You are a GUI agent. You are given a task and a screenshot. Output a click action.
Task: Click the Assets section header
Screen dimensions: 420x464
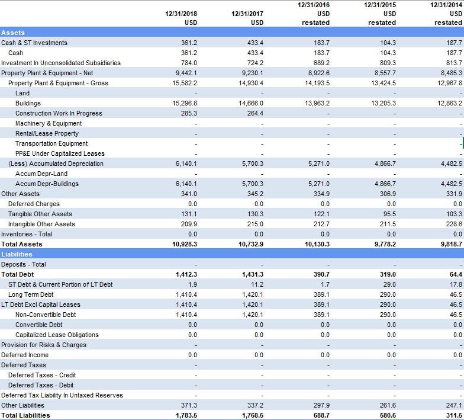tap(12, 33)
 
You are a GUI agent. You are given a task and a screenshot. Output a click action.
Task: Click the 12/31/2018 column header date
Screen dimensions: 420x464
tap(181, 13)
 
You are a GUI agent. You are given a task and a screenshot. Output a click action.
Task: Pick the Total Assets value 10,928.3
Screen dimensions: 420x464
tap(184, 244)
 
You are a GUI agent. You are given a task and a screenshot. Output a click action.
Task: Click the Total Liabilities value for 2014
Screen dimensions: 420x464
tap(452, 415)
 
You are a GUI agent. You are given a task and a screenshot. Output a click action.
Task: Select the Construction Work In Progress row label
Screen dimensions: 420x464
tap(59, 113)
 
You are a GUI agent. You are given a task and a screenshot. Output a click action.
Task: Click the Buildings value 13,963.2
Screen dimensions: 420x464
tap(317, 103)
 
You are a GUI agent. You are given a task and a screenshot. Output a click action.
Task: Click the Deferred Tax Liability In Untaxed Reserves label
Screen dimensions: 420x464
tap(62, 395)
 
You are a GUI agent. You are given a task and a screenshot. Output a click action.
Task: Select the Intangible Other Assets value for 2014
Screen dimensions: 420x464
tap(452, 224)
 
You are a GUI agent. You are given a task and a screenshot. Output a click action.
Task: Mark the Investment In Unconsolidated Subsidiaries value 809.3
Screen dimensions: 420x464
tap(386, 63)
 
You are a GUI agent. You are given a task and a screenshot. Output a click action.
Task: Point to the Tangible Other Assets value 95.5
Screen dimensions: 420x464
tap(388, 214)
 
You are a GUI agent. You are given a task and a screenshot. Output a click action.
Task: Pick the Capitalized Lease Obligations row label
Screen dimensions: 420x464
tap(57, 335)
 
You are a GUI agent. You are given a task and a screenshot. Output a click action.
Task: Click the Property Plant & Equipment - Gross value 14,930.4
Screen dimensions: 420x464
tap(250, 83)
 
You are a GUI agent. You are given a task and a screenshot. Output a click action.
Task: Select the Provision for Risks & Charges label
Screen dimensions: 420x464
tap(44, 345)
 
